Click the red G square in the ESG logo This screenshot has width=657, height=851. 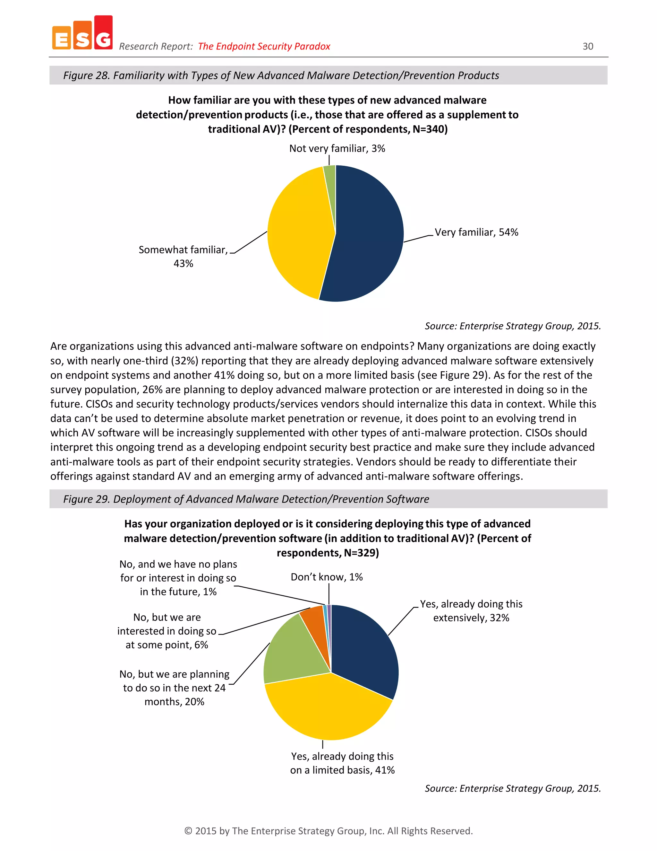[x=103, y=33]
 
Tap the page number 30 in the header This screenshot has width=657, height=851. [x=587, y=46]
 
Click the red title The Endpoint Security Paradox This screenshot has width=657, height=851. [x=264, y=46]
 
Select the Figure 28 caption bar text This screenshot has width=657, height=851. [x=281, y=75]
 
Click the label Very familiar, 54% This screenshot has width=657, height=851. [x=476, y=232]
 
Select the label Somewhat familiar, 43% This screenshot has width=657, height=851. [x=183, y=256]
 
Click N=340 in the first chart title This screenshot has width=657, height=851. [x=429, y=129]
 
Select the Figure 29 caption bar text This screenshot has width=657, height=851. [x=246, y=499]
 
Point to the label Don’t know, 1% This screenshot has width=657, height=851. [x=327, y=577]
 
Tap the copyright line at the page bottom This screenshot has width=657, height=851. [x=328, y=831]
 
